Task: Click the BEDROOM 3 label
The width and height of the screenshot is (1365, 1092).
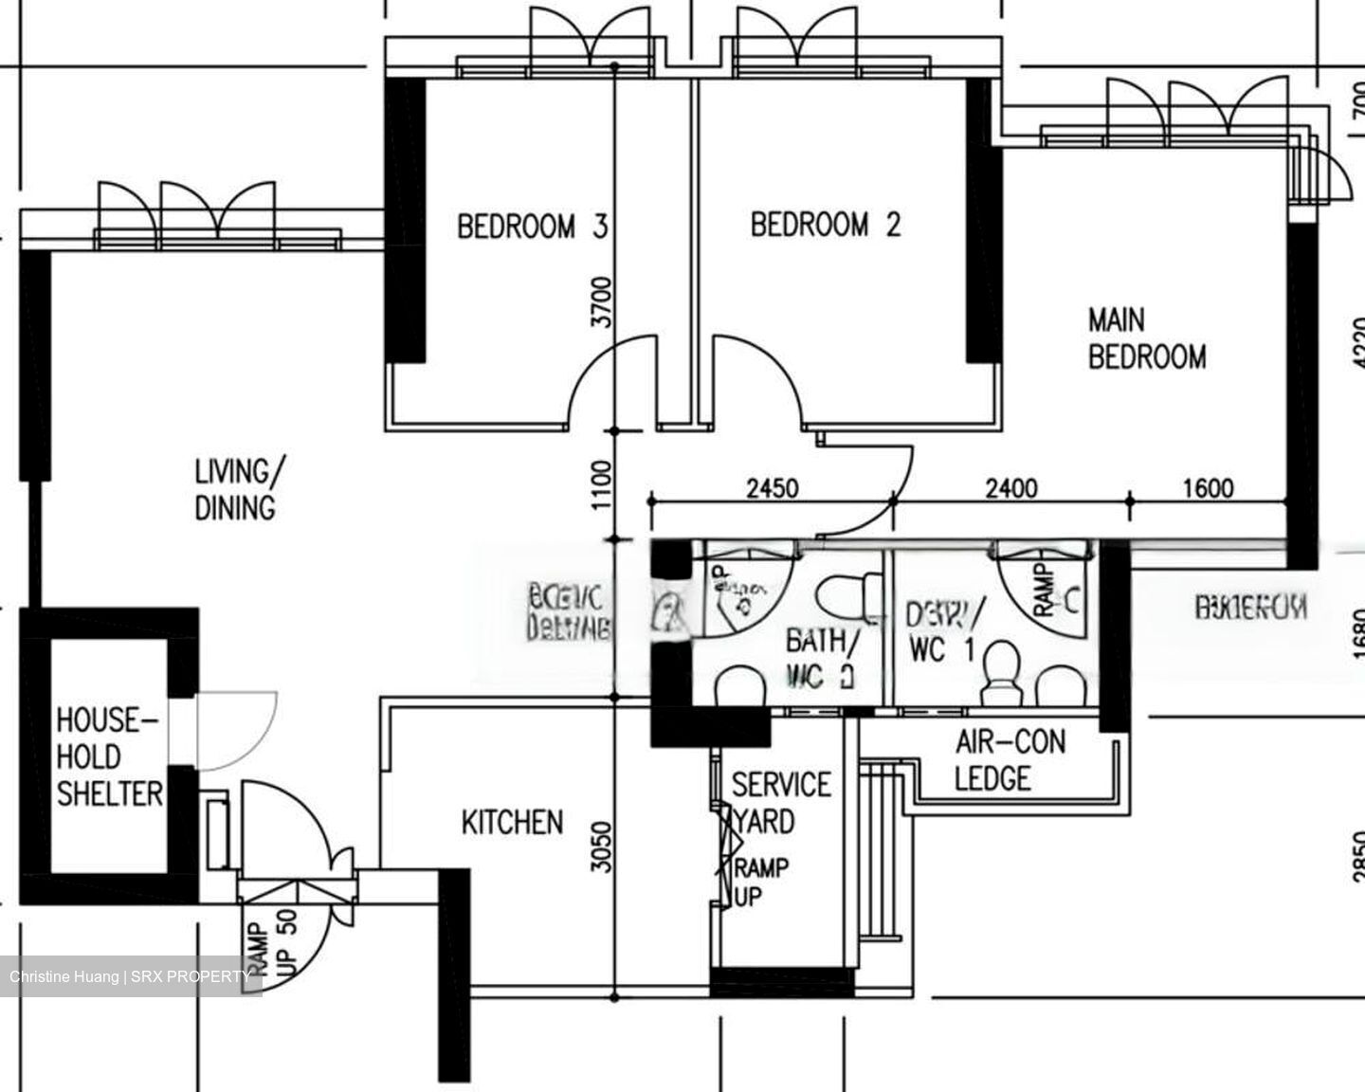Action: pyautogui.click(x=531, y=227)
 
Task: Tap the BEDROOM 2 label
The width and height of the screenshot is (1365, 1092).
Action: pyautogui.click(x=825, y=225)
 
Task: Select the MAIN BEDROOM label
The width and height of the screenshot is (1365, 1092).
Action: pyautogui.click(x=1146, y=338)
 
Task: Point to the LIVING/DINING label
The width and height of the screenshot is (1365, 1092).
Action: pyautogui.click(x=237, y=489)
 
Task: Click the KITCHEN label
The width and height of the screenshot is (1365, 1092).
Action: pyautogui.click(x=512, y=822)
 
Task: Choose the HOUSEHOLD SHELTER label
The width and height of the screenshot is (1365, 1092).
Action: pyautogui.click(x=108, y=757)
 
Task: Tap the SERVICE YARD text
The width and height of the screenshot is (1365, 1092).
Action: pyautogui.click(x=780, y=802)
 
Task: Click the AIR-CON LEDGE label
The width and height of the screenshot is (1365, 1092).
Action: pyautogui.click(x=1008, y=759)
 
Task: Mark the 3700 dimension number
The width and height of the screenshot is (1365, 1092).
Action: pyautogui.click(x=601, y=301)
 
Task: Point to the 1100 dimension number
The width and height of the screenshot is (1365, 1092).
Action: pyautogui.click(x=601, y=484)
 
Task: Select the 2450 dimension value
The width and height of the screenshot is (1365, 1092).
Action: pyautogui.click(x=772, y=488)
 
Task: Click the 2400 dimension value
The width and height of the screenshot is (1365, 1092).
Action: pyautogui.click(x=1010, y=488)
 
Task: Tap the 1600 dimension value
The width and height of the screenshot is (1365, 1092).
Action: pyautogui.click(x=1208, y=488)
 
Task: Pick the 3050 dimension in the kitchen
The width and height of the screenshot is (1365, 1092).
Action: pyautogui.click(x=601, y=846)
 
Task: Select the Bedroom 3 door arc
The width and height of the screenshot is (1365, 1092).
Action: pyautogui.click(x=607, y=379)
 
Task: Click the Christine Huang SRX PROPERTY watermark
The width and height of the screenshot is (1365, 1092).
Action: pyautogui.click(x=131, y=976)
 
